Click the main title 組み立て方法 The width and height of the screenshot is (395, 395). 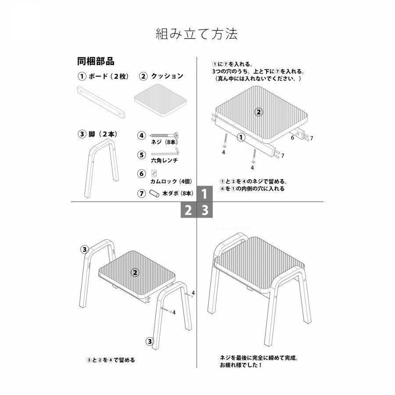(x=197, y=34)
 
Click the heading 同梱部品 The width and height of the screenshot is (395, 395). (x=96, y=61)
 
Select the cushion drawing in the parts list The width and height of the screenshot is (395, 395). (x=160, y=100)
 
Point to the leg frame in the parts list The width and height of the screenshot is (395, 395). (x=101, y=168)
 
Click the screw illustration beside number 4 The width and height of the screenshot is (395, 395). (x=165, y=135)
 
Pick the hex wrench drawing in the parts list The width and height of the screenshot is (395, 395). (x=165, y=152)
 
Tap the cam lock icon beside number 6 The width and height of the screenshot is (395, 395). (x=154, y=173)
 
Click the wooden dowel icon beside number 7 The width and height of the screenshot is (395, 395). (x=154, y=193)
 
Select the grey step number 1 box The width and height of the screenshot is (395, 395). (x=205, y=194)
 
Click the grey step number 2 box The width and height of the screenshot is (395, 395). (x=188, y=210)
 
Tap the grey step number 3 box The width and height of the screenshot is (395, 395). (x=205, y=210)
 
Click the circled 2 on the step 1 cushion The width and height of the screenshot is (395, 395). (x=259, y=112)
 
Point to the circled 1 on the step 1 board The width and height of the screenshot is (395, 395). (x=241, y=137)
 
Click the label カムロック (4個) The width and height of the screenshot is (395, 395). (x=172, y=181)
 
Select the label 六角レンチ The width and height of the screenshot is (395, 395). (x=164, y=161)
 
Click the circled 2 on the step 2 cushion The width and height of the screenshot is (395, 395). (x=135, y=272)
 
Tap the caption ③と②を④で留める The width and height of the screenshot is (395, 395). (x=111, y=360)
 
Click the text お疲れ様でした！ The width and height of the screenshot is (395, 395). (x=241, y=365)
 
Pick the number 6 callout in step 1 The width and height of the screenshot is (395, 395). (x=292, y=138)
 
